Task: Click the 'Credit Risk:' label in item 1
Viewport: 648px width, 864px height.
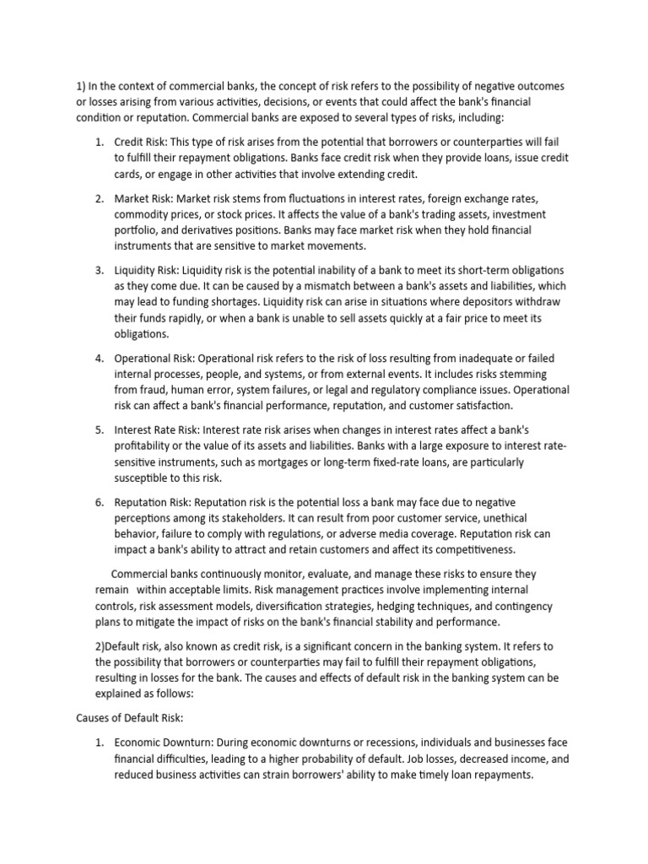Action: click(x=142, y=141)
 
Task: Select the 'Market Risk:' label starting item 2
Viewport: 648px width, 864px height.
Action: click(x=143, y=198)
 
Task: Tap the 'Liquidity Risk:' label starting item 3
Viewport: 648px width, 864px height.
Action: click(x=148, y=270)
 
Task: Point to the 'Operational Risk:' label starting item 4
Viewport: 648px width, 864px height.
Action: click(x=156, y=359)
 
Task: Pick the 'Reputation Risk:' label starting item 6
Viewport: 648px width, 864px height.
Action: click(x=154, y=502)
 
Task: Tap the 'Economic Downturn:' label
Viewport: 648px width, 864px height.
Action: click(x=165, y=742)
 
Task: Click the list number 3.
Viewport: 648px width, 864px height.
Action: click(x=99, y=270)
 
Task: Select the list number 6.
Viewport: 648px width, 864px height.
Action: click(x=99, y=502)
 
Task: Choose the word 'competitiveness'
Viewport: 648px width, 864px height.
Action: click(x=492, y=549)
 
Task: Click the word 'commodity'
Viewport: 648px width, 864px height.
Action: click(x=141, y=214)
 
